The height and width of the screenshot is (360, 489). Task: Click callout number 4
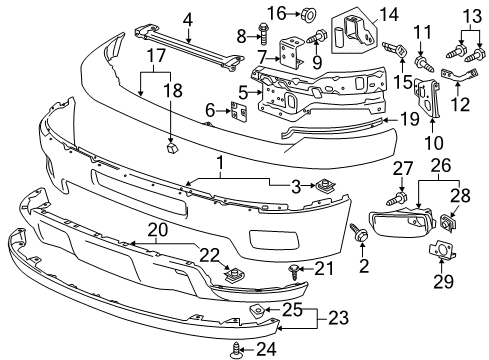click(x=186, y=17)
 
